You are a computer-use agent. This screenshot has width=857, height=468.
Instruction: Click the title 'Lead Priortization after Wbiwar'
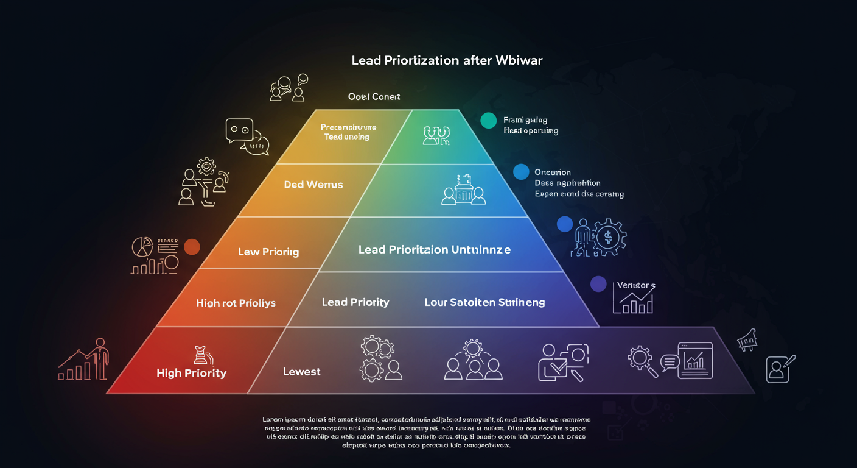tap(447, 61)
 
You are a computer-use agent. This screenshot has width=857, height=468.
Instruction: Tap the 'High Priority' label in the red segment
tap(191, 373)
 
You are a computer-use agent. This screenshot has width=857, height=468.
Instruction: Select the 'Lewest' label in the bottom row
tap(302, 372)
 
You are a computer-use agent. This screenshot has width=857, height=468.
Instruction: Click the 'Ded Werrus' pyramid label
tap(313, 184)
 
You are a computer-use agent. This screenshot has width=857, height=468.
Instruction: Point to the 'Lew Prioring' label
tap(268, 252)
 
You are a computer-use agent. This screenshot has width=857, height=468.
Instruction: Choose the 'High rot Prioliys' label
tap(236, 303)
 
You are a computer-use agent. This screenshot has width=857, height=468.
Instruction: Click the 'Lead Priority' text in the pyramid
tap(355, 302)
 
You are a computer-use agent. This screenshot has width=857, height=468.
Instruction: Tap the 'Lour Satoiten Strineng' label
tap(484, 302)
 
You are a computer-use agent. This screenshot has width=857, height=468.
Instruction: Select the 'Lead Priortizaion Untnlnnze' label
tap(435, 250)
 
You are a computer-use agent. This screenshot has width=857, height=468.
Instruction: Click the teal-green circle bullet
tap(488, 120)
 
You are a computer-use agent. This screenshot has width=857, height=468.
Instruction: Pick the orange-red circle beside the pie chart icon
tap(192, 247)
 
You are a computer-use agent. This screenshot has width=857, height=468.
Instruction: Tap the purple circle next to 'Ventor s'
tap(598, 283)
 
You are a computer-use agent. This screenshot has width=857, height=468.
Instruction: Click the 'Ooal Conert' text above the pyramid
tap(374, 97)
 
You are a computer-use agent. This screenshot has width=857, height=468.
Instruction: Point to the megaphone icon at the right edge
tap(746, 339)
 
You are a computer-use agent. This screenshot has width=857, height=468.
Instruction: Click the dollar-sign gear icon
tap(607, 236)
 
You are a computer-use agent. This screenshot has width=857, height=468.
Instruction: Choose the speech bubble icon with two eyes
tap(239, 130)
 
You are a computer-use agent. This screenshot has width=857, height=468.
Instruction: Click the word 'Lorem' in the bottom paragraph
tap(273, 420)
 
